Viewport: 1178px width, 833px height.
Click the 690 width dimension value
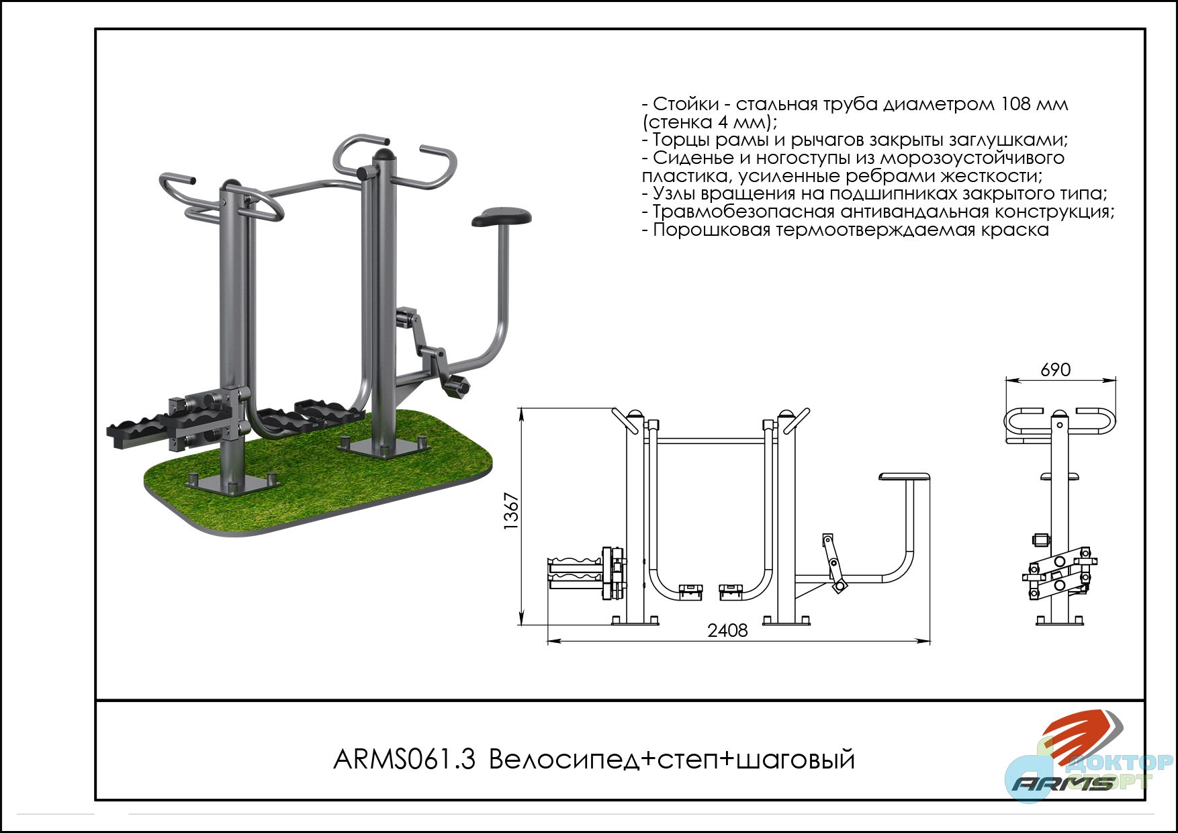[x=1055, y=369]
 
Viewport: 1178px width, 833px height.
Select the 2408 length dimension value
[x=727, y=631]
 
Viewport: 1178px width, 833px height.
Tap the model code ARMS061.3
[x=404, y=760]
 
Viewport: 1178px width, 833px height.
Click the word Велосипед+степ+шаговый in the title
[x=672, y=760]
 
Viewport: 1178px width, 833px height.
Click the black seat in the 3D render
[x=502, y=216]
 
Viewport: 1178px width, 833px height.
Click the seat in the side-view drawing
[x=905, y=477]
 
